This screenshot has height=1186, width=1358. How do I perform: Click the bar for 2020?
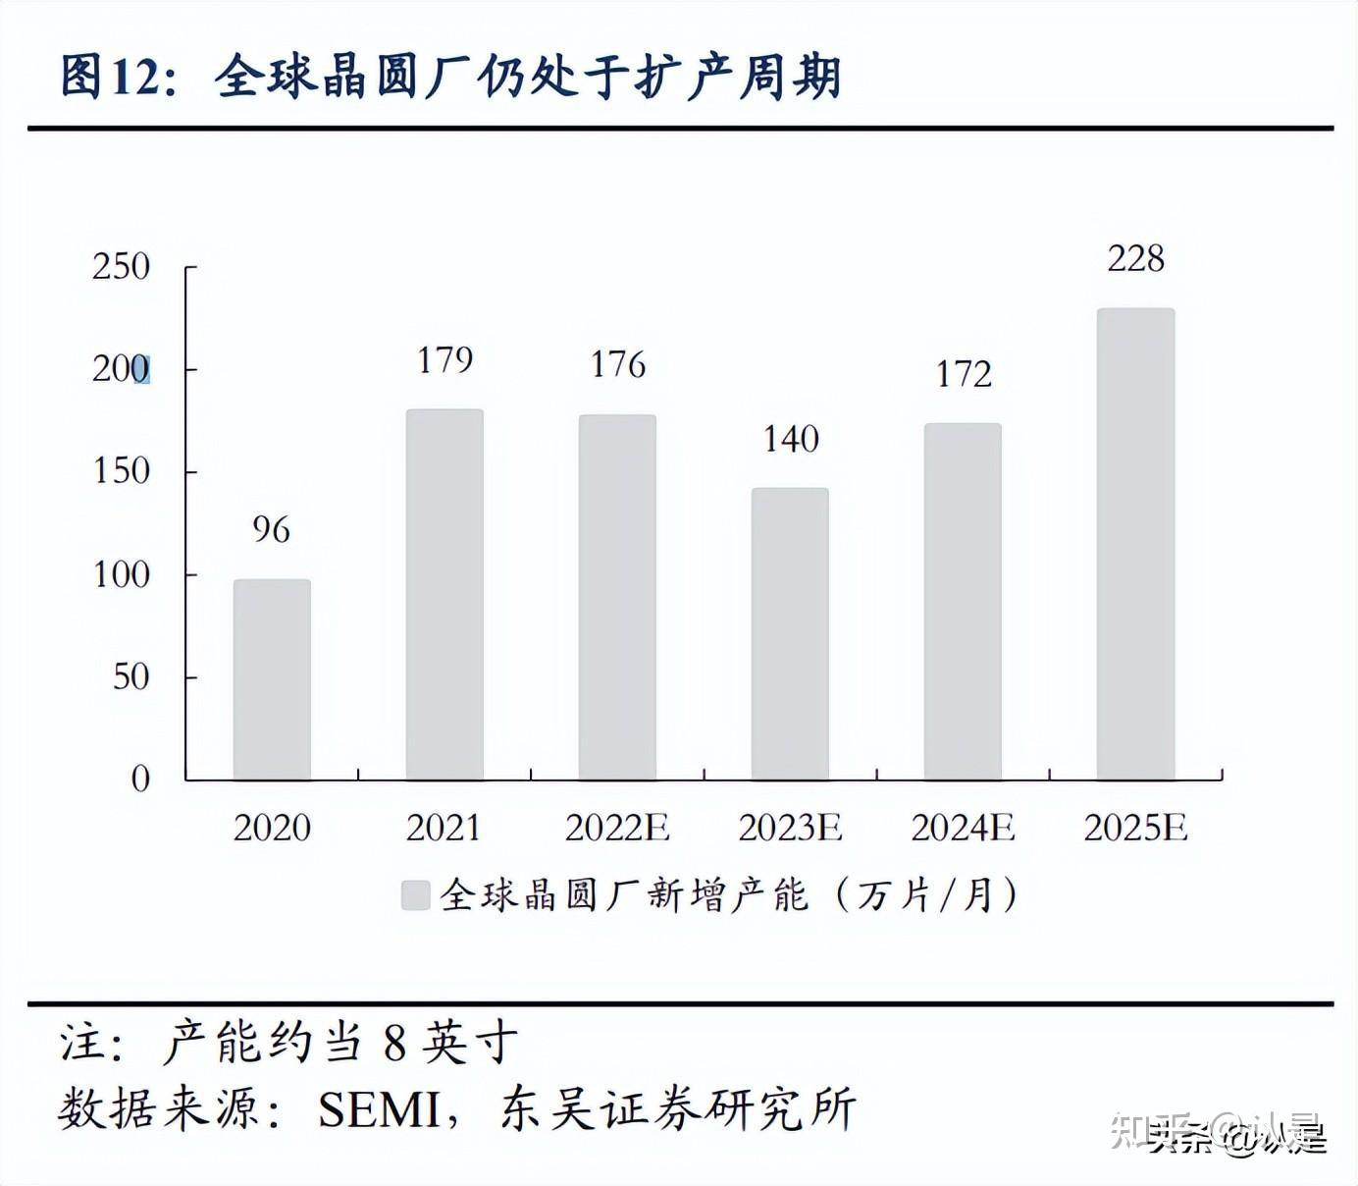(272, 679)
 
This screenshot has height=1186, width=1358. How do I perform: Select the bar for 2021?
(444, 595)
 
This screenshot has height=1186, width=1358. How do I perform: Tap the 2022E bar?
(617, 597)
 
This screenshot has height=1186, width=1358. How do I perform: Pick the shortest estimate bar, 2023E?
(790, 634)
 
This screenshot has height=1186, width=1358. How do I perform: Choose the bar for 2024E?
(963, 602)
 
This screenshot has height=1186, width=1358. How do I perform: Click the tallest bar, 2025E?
(1135, 544)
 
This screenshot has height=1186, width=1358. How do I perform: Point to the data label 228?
(1135, 259)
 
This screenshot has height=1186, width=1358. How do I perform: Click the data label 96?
(271, 530)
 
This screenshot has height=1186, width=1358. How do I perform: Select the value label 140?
(791, 439)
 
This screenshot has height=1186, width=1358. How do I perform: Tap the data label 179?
(444, 360)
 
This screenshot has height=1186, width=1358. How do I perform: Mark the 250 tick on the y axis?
(121, 267)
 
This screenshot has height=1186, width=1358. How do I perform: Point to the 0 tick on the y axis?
(140, 780)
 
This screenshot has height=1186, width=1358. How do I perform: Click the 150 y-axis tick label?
(121, 471)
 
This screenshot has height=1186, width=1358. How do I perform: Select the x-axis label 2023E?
(790, 828)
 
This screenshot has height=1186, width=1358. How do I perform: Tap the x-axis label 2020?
(272, 828)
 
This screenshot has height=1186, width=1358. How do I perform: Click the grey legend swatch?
(416, 895)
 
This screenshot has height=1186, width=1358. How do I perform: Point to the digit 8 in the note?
(394, 1043)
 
